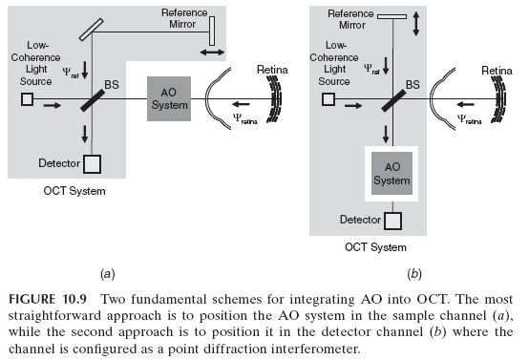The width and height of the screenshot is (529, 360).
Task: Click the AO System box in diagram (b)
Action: [391, 172]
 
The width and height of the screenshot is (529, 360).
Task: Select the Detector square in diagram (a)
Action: [92, 164]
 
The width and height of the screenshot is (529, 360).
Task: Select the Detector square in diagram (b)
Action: [392, 222]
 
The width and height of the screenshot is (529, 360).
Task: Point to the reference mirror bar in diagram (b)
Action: [392, 17]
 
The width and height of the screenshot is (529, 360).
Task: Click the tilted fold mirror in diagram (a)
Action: [93, 29]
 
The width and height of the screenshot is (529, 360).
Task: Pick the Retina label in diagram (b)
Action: [496, 70]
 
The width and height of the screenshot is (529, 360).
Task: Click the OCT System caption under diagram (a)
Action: [80, 192]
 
